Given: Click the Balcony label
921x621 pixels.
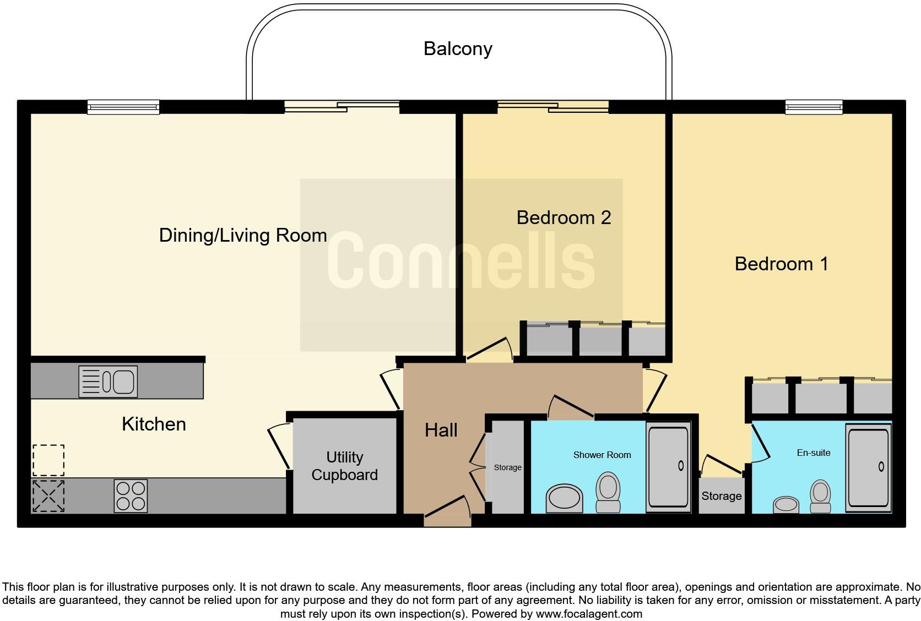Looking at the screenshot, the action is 458,49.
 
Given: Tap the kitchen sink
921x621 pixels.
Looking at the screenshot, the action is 108,382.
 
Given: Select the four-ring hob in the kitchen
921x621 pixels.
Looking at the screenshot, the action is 131,496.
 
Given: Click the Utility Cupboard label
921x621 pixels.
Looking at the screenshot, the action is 345,466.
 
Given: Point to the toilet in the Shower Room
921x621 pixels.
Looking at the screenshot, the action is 608,492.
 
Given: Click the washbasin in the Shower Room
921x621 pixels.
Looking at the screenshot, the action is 564,498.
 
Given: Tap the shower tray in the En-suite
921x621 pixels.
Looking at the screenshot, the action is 868,468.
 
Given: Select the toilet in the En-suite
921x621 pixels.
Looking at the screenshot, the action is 820,496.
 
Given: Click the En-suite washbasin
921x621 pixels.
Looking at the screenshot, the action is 785,504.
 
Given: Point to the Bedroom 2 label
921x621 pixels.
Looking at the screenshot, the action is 564,217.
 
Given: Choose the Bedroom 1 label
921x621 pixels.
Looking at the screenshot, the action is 781,264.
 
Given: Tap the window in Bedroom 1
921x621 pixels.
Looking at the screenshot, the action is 814,107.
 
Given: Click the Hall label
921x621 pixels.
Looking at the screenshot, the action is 441,431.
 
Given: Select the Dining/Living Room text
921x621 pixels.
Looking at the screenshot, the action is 243,236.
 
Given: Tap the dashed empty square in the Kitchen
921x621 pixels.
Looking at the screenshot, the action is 48,460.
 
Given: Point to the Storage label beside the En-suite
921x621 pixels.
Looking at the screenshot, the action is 722,496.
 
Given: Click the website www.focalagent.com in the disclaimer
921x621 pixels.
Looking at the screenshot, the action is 589,614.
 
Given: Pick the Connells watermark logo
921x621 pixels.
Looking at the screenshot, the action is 461,260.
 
